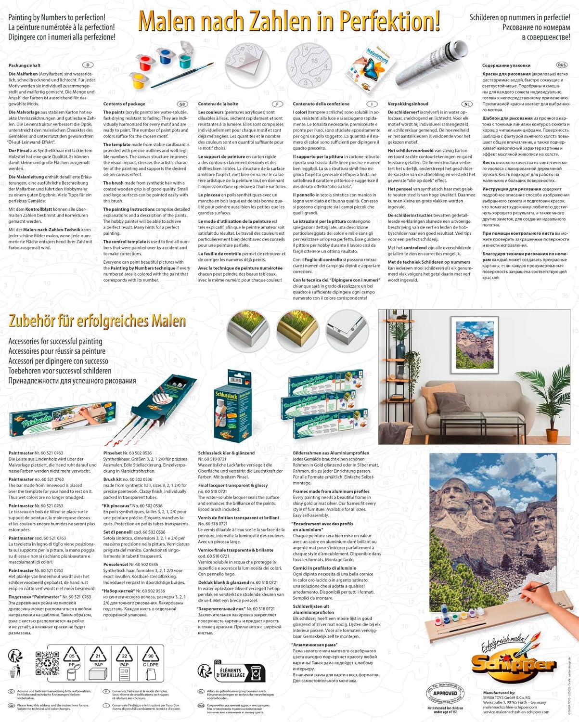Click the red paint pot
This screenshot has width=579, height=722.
pyautogui.click(x=145, y=63)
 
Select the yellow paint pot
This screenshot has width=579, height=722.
pyautogui.click(x=139, y=80)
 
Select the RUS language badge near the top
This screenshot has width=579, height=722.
pyautogui.click(x=562, y=65)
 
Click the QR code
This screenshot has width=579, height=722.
pyautogui.click(x=47, y=662)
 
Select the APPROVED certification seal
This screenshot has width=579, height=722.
pyautogui.click(x=445, y=693)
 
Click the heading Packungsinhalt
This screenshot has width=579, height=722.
pyautogui.click(x=25, y=65)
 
